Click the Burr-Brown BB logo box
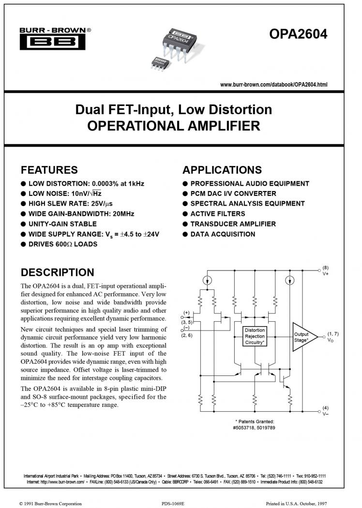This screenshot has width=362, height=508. pyautogui.click(x=52, y=42)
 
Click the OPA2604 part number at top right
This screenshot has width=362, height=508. pyautogui.click(x=298, y=34)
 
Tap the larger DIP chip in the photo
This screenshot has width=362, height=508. pyautogui.click(x=179, y=44)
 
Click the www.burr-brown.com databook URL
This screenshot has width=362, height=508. pyautogui.click(x=273, y=85)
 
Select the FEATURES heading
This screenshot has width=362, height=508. pyautogui.click(x=49, y=170)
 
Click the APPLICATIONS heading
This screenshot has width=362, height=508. pyautogui.click(x=222, y=170)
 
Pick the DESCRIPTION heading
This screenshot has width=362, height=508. pyautogui.click(x=58, y=272)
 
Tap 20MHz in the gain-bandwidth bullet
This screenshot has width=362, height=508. pyautogui.click(x=123, y=214)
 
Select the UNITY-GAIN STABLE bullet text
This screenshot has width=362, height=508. pyautogui.click(x=62, y=224)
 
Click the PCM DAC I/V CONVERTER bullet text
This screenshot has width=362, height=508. pyautogui.click(x=233, y=194)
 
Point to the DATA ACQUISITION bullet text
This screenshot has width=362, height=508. pyautogui.click(x=223, y=234)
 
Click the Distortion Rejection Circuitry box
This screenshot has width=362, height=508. pyautogui.click(x=255, y=336)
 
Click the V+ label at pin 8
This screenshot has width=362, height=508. pyautogui.click(x=325, y=274)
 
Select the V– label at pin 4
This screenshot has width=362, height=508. pyautogui.click(x=325, y=414)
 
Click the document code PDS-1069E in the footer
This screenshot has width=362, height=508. pyautogui.click(x=173, y=504)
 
